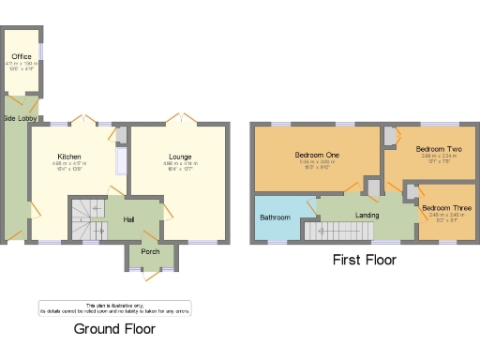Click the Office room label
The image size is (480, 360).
22,56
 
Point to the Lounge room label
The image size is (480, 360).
180,157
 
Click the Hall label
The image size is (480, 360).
131,220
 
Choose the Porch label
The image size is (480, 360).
150,251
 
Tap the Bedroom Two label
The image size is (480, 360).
438,149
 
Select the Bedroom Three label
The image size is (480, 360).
441,206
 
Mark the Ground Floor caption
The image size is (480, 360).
114,329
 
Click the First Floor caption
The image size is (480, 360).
365,260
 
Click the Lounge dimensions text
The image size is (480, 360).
180,168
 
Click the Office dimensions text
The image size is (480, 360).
22,67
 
